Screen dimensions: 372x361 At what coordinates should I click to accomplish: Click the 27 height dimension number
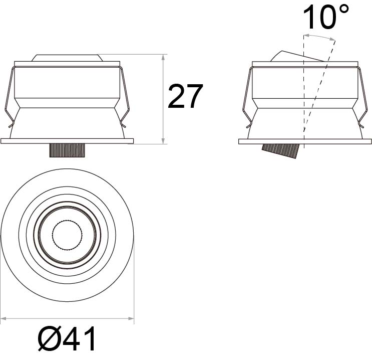click(185, 96)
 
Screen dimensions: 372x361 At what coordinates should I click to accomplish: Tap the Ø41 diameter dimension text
click(67, 338)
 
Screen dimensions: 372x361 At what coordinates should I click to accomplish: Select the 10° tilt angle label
click(326, 17)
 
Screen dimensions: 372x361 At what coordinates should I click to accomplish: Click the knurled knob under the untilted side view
click(67, 150)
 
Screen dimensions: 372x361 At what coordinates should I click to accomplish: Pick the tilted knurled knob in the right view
click(280, 151)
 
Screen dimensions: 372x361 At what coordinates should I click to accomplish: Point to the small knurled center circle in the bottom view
click(68, 235)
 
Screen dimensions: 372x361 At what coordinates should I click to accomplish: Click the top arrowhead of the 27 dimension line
click(163, 57)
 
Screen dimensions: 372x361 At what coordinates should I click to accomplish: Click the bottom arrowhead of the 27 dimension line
click(163, 141)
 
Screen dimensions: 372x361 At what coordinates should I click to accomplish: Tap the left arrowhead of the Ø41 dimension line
click(4, 318)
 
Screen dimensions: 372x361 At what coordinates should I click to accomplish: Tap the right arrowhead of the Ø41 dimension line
click(131, 318)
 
